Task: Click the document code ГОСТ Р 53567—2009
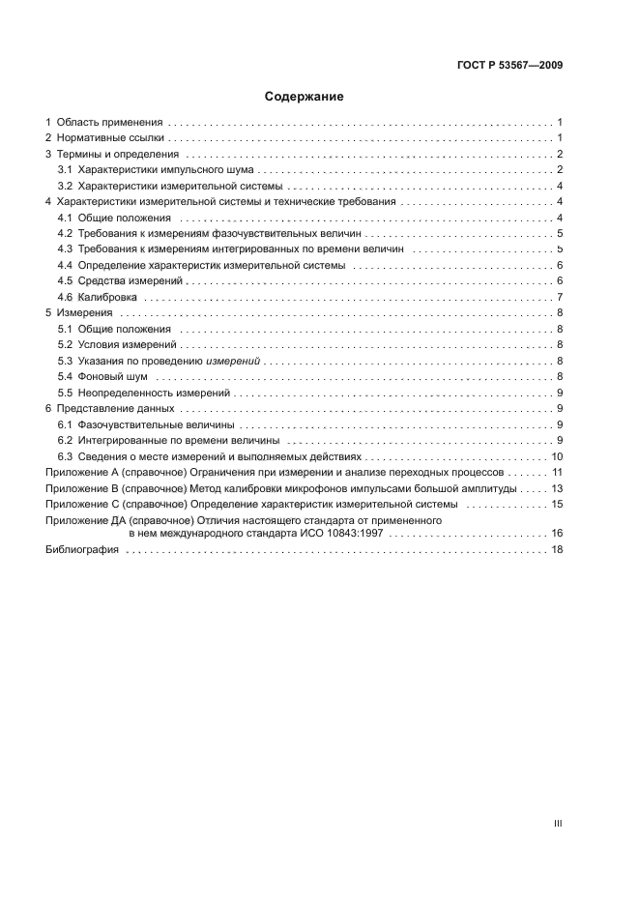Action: [x=508, y=66]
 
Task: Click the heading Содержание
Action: [x=305, y=97]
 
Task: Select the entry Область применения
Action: [x=110, y=123]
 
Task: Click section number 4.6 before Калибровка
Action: [x=65, y=297]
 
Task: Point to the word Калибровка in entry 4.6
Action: [x=106, y=297]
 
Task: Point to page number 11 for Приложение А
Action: [x=557, y=472]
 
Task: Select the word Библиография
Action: [x=82, y=549]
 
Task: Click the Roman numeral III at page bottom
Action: [x=557, y=824]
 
